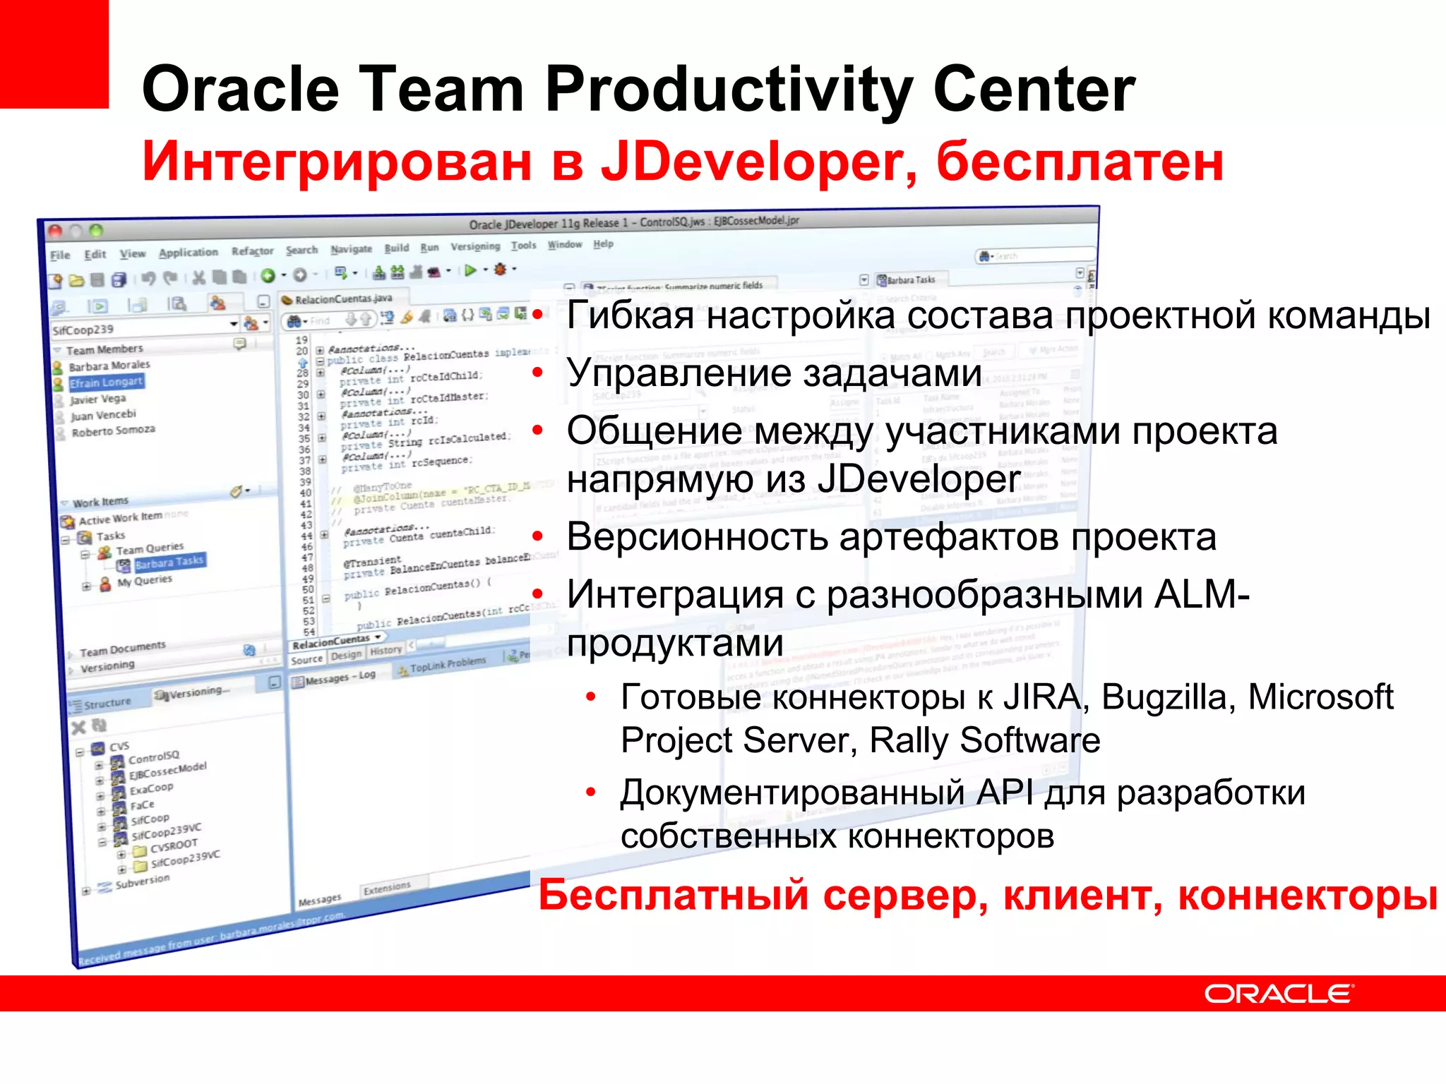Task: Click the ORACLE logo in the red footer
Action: click(1278, 994)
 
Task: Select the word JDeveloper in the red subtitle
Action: click(758, 162)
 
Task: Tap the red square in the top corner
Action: click(54, 54)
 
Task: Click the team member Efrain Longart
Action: click(106, 382)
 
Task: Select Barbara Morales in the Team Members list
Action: click(109, 366)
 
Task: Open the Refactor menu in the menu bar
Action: click(252, 251)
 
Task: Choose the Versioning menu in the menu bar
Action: click(475, 246)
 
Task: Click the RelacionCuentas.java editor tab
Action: click(342, 299)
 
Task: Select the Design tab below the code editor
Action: click(346, 655)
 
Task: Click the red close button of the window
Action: click(55, 231)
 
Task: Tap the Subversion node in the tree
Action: click(142, 881)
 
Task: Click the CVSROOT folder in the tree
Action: click(173, 845)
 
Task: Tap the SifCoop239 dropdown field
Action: click(141, 328)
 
